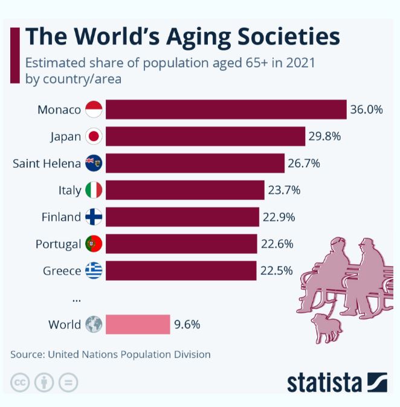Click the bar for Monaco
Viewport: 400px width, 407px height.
pyautogui.click(x=225, y=109)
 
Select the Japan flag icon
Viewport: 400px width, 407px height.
pyautogui.click(x=94, y=136)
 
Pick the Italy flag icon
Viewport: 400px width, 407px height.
pyautogui.click(x=94, y=190)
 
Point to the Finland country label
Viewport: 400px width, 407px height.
pyautogui.click(x=61, y=217)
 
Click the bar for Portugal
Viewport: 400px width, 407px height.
pyautogui.click(x=181, y=244)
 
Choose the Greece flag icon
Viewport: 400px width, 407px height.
pyautogui.click(x=94, y=271)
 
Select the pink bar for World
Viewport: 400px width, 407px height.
pyautogui.click(x=138, y=324)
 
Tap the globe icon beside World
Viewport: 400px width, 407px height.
pyautogui.click(x=94, y=324)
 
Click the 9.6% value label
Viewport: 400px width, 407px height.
pyautogui.click(x=187, y=324)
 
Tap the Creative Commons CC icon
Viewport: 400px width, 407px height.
pyautogui.click(x=21, y=382)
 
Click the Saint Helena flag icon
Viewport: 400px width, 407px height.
pyautogui.click(x=94, y=163)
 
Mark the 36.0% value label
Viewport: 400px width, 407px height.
pyautogui.click(x=367, y=109)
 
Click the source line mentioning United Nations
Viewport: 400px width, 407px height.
pyautogui.click(x=111, y=354)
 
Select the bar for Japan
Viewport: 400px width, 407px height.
pyautogui.click(x=205, y=136)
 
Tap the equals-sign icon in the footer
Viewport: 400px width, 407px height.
pyautogui.click(x=68, y=382)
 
